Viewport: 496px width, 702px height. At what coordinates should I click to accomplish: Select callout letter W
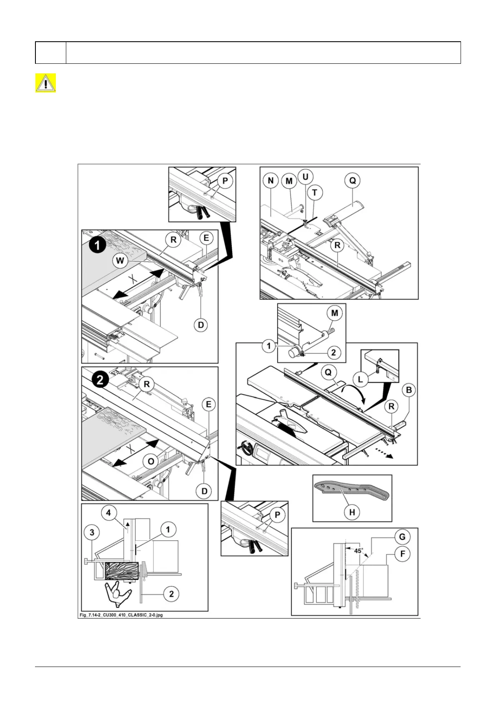[x=120, y=261]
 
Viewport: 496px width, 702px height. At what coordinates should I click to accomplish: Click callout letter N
[x=271, y=181]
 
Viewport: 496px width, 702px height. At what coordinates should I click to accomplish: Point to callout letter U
[x=305, y=176]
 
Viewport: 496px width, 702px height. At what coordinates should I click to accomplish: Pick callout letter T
[x=315, y=192]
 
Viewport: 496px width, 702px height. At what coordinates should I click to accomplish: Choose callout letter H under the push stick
[x=352, y=512]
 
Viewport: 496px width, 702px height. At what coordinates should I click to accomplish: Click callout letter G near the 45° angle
[x=402, y=537]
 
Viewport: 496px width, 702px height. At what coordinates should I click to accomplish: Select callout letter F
[x=402, y=554]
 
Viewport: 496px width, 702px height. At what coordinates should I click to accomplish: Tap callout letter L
[x=361, y=379]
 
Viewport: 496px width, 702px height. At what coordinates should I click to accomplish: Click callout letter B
[x=409, y=390]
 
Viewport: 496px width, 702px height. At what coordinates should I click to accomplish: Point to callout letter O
[x=151, y=461]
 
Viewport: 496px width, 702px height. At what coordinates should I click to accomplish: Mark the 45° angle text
[x=358, y=551]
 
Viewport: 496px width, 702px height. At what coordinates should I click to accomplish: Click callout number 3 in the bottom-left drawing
[x=92, y=532]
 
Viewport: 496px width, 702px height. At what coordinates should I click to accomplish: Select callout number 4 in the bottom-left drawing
[x=109, y=513]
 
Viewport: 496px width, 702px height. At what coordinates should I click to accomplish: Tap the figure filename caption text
[x=121, y=615]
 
